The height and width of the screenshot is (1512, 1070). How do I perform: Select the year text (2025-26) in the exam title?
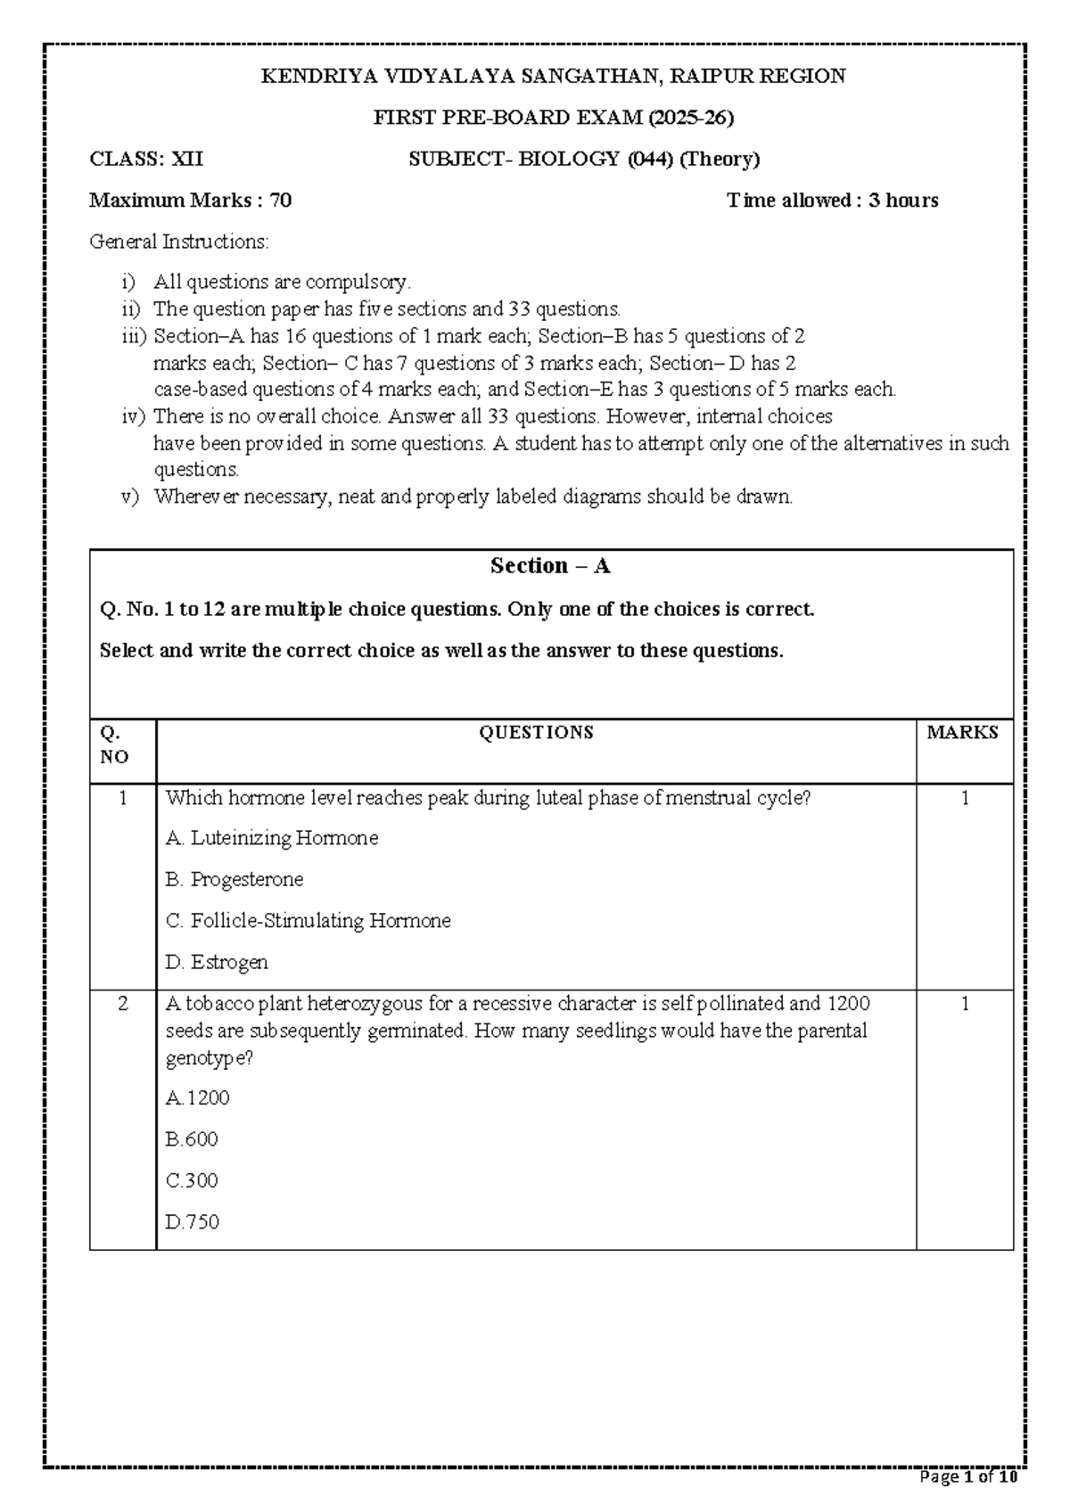click(691, 117)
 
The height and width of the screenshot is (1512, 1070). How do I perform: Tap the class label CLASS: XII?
click(146, 159)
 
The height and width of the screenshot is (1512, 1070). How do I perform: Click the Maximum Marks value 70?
click(281, 200)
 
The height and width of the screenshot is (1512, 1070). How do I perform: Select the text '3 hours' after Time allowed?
click(903, 200)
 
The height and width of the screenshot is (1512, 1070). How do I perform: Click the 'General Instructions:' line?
click(178, 241)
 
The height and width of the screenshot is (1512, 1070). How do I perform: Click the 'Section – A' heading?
click(550, 566)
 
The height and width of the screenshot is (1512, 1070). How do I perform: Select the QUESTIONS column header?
click(536, 733)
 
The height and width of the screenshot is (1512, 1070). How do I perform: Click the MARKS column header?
click(962, 733)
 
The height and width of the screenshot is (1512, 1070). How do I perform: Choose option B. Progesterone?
click(235, 879)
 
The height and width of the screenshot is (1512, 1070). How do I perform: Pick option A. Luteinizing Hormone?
click(272, 838)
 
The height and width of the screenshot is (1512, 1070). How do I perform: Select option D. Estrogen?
click(217, 962)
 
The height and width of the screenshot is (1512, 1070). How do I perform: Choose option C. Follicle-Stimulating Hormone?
click(309, 920)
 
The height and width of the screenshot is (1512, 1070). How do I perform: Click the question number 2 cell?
click(123, 1004)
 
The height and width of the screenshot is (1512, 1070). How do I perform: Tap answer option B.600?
click(192, 1139)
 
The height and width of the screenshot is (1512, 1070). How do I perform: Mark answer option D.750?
click(193, 1221)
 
